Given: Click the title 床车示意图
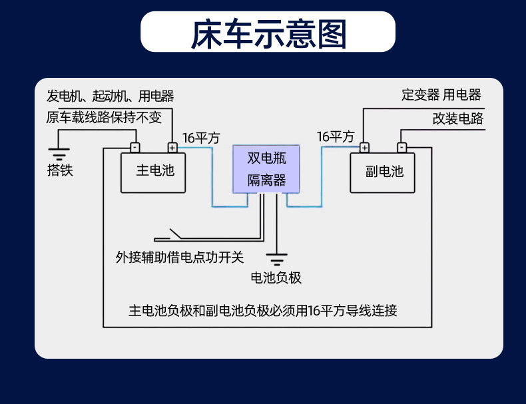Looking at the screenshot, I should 268,34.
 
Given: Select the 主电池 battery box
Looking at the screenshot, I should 152,172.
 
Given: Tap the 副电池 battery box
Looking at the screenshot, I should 383,172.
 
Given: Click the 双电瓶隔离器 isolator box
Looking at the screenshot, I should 266,169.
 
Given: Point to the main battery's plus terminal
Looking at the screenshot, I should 172,148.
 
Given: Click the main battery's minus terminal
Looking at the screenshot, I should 134,148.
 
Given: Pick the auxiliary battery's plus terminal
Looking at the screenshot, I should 364,148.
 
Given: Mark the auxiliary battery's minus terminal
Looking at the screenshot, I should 401,148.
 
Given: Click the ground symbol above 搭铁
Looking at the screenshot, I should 60,155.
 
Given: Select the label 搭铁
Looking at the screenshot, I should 60,170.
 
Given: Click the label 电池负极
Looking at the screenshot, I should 276,278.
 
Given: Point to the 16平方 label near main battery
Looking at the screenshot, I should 200,138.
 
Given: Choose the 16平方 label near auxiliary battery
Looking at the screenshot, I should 335,137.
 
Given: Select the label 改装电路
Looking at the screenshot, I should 457,119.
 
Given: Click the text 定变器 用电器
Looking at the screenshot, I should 441,95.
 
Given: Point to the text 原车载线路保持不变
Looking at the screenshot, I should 104,118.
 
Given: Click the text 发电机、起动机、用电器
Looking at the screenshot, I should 110,96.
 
